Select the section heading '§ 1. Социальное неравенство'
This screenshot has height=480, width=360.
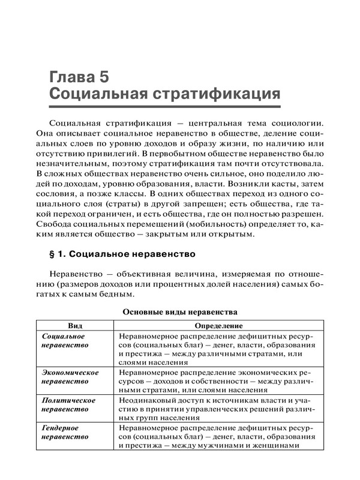pyautogui.click(x=125, y=253)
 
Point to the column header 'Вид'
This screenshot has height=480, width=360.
pyautogui.click(x=76, y=325)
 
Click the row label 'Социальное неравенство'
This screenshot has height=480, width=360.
pyautogui.click(x=65, y=340)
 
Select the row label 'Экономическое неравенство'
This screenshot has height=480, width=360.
pyautogui.click(x=70, y=377)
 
